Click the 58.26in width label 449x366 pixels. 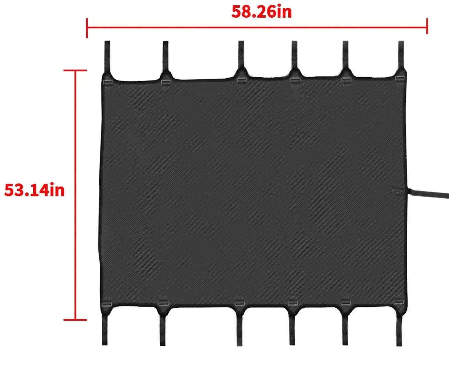coord(262,12)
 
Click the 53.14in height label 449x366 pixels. coord(34,190)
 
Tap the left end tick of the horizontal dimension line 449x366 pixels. coord(87,28)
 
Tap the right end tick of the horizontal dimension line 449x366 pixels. coord(427,26)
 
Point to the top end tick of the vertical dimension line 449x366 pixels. coord(75,70)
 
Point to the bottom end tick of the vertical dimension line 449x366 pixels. coord(75,320)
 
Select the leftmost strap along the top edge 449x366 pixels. coord(107,57)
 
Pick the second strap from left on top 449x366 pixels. coord(166,57)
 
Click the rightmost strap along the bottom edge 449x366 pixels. coord(399,331)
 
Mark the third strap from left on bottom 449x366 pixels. coord(240,331)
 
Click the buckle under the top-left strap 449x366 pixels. coord(108,82)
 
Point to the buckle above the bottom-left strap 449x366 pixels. coord(107,304)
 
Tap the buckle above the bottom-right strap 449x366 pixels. coord(399,302)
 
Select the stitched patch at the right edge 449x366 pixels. coord(398,191)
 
